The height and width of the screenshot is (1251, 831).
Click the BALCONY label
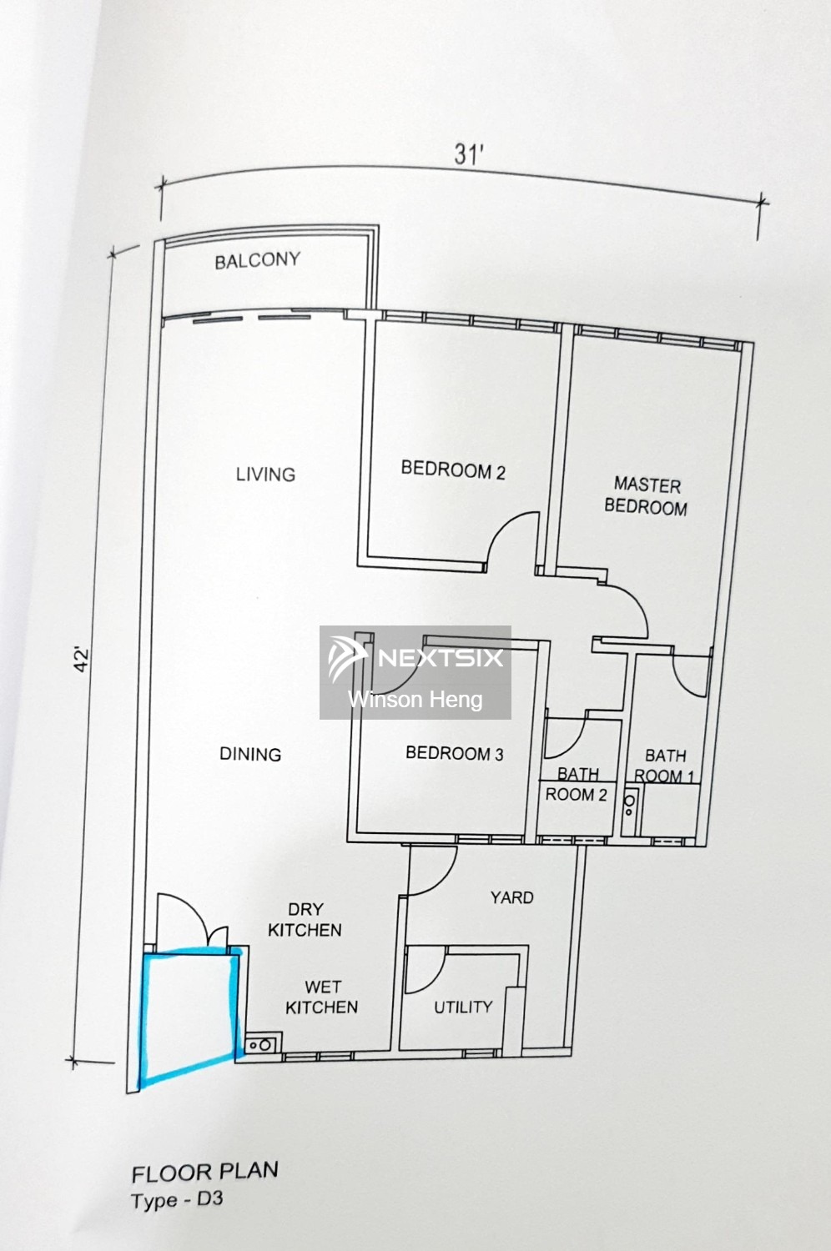[257, 260]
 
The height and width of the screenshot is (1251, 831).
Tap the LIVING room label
[265, 475]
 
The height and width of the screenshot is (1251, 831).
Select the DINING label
[250, 754]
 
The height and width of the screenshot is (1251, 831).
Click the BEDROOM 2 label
[453, 470]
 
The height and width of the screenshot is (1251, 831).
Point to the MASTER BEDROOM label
[647, 496]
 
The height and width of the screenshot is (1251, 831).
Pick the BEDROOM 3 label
[454, 753]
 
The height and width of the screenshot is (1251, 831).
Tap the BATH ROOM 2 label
[577, 785]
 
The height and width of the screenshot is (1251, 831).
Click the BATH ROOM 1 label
[665, 766]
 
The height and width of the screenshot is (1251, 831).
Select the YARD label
[511, 897]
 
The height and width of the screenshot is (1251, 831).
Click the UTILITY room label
[463, 1007]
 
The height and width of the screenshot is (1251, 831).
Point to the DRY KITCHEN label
[305, 920]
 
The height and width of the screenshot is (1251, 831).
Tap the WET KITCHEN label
[321, 997]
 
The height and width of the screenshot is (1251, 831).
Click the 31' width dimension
[469, 154]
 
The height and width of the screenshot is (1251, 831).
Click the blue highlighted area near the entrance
[188, 1013]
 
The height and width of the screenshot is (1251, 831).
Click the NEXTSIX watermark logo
[415, 659]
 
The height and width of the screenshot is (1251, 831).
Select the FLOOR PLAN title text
[204, 1172]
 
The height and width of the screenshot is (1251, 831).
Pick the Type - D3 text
[177, 1201]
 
